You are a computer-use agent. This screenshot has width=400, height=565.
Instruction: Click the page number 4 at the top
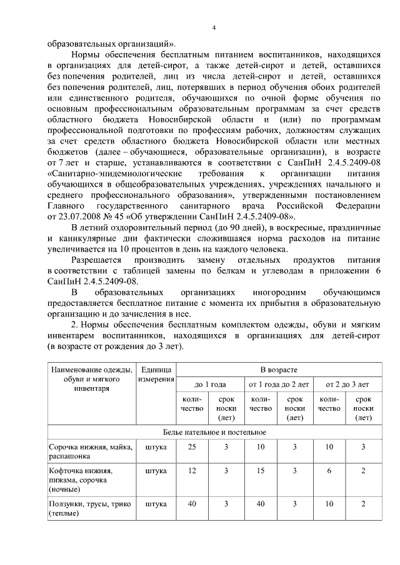(x=214, y=28)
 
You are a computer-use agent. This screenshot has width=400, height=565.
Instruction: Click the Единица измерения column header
(x=156, y=375)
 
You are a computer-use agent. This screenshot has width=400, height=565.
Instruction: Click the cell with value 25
(x=192, y=447)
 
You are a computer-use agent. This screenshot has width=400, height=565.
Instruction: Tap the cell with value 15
(x=261, y=470)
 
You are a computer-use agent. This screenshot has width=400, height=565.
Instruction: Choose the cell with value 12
(x=192, y=470)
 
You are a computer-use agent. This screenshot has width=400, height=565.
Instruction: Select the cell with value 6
(x=329, y=470)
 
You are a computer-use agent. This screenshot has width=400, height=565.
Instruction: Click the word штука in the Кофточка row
(x=156, y=470)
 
